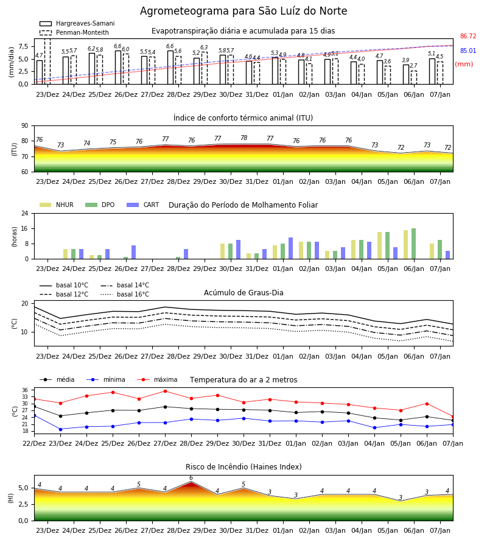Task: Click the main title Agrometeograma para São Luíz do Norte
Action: coord(243,11)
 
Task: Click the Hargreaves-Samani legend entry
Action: coord(77,23)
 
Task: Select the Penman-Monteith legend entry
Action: coord(74,32)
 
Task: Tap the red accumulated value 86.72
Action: coord(468,36)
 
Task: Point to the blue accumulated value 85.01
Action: coord(468,51)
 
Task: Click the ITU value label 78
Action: coord(244,138)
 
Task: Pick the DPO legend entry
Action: coord(100,205)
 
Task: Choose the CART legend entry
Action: coord(143,205)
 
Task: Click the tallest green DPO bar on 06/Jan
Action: coord(413,244)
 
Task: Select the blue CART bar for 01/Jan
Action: coord(290,248)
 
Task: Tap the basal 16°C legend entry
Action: coord(125,294)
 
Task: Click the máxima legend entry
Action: coord(157,379)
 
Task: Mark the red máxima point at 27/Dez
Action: coord(165,391)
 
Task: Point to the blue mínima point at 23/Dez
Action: coord(60,429)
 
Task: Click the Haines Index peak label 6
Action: coord(191,478)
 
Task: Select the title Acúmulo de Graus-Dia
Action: coord(243,292)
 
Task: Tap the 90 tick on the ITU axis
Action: coord(25,126)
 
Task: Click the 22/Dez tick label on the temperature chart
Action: coord(34,443)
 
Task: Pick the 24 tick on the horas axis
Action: coord(25,213)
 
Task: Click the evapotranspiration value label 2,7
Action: coord(413,66)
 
